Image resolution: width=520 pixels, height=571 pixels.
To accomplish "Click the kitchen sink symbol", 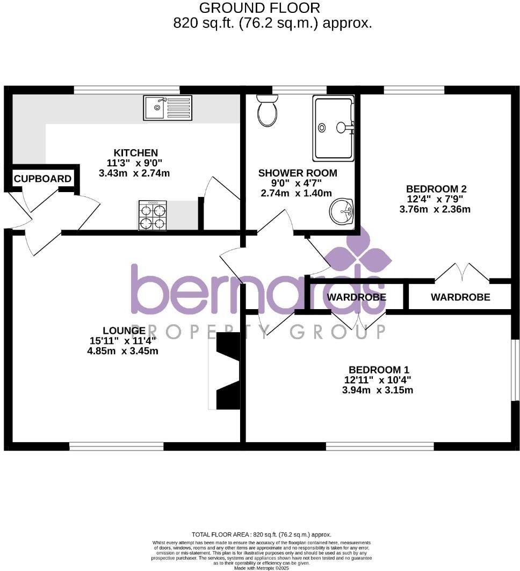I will (x=168, y=107).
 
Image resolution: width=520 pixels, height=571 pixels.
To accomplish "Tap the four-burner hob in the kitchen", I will (x=153, y=216).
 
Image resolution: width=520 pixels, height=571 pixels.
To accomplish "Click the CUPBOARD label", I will (x=42, y=179).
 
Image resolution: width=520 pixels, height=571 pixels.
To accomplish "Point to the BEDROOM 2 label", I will (x=436, y=189).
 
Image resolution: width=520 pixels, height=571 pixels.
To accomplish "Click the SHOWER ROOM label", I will (x=298, y=173).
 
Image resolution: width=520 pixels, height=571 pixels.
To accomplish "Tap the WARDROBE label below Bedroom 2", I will (x=460, y=297).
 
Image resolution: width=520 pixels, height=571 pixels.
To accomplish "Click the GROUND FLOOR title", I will (x=259, y=8).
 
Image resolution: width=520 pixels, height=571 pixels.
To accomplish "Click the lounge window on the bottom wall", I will (x=116, y=445).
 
